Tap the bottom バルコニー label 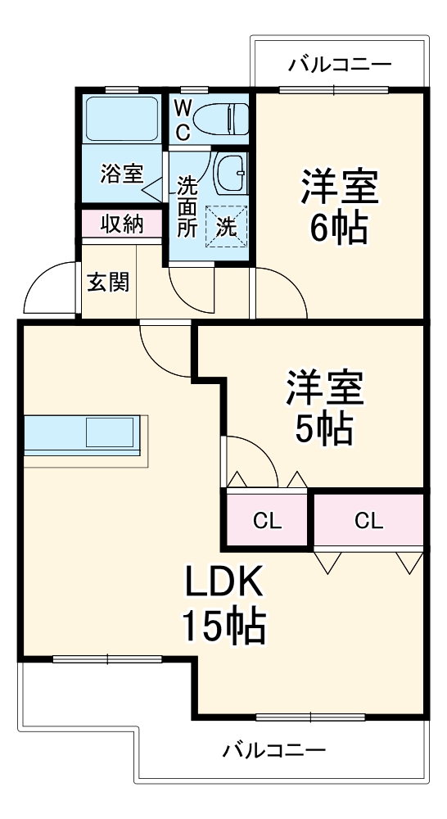point(274,749)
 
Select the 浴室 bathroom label point(121,174)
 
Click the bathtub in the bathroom point(122,120)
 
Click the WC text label point(182,119)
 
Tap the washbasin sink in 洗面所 point(230,170)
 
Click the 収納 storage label point(121,224)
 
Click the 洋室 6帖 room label point(338,205)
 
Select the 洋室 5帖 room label point(324,407)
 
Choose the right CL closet point(368,520)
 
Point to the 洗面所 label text point(187,207)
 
